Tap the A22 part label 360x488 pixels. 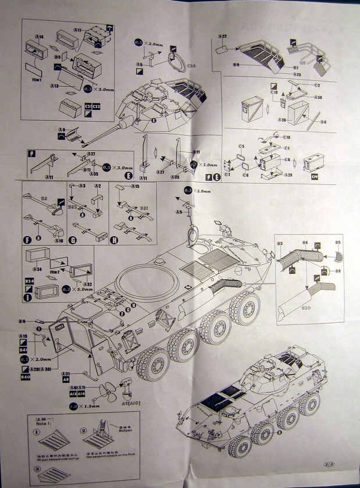pyautogui.click(x=222, y=36)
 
